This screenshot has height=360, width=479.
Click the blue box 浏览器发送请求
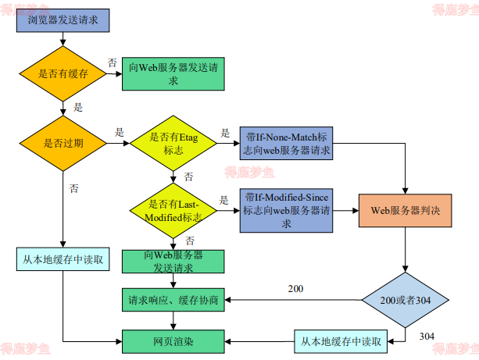click(63, 20)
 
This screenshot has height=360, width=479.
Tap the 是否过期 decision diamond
click(63, 143)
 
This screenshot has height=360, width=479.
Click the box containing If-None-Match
click(287, 143)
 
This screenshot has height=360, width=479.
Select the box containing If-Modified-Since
click(287, 210)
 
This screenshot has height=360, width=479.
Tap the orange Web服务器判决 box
click(406, 210)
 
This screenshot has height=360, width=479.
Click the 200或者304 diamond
click(406, 299)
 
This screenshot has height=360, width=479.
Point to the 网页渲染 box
click(173, 341)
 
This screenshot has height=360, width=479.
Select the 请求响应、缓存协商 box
click(173, 299)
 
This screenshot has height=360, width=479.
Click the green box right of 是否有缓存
click(173, 73)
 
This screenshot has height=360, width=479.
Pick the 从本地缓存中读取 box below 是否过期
click(63, 259)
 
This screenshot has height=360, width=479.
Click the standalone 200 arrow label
click(295, 289)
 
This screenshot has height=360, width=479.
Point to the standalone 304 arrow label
click(427, 336)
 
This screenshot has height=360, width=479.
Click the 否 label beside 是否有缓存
click(113, 62)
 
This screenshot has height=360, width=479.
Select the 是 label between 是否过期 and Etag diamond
click(120, 132)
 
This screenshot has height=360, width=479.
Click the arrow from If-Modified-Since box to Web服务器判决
click(346, 210)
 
